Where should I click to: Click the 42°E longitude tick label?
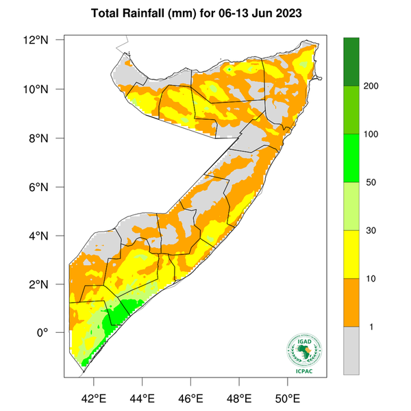(x=93, y=398)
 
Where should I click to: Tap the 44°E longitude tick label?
(x=142, y=398)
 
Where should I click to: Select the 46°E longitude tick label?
(x=190, y=398)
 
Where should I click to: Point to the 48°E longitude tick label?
(x=238, y=398)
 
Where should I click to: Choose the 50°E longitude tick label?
(x=287, y=398)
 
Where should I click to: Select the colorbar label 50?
(x=373, y=182)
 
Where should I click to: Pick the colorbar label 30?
(x=373, y=231)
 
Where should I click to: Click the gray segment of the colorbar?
(x=351, y=350)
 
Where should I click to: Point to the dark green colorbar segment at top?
(x=351, y=62)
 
